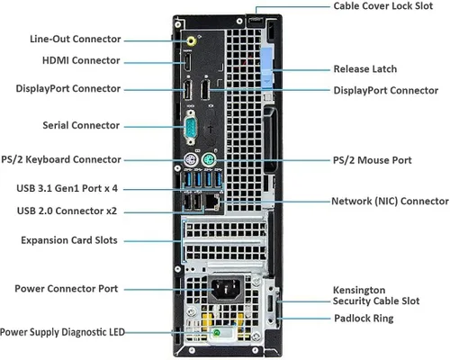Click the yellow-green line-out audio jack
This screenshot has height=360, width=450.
tap(192, 40)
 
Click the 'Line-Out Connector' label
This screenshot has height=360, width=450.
tap(76, 40)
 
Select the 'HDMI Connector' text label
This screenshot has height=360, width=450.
tap(80, 60)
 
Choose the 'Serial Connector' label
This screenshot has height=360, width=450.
tap(81, 124)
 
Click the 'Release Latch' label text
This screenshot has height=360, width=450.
tap(364, 68)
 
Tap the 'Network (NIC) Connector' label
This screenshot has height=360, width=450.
tap(390, 202)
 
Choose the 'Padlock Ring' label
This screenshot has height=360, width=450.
tap(364, 318)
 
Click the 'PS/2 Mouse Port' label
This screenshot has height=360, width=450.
tap(373, 159)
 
